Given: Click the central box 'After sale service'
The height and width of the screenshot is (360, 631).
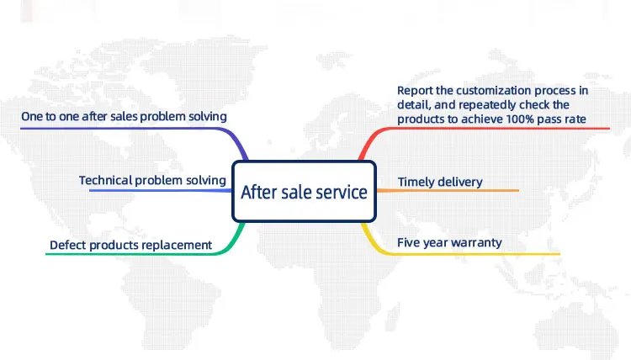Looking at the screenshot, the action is pyautogui.click(x=305, y=192).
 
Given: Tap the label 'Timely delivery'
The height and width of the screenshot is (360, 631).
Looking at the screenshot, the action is pyautogui.click(x=440, y=183).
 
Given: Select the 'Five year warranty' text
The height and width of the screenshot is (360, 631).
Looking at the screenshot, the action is pyautogui.click(x=449, y=242).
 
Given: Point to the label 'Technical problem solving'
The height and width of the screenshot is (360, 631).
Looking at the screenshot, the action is pyautogui.click(x=152, y=180).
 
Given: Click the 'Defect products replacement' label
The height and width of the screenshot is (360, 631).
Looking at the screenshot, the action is pyautogui.click(x=130, y=245).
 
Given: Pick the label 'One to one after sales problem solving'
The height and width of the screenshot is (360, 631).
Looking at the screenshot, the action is pyautogui.click(x=124, y=117).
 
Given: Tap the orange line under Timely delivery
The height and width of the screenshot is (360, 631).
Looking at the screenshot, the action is pyautogui.click(x=448, y=190).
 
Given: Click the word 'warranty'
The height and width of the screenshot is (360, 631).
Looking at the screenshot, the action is pyautogui.click(x=480, y=243).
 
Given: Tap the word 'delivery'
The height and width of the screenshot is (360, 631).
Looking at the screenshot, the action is pyautogui.click(x=461, y=183).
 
